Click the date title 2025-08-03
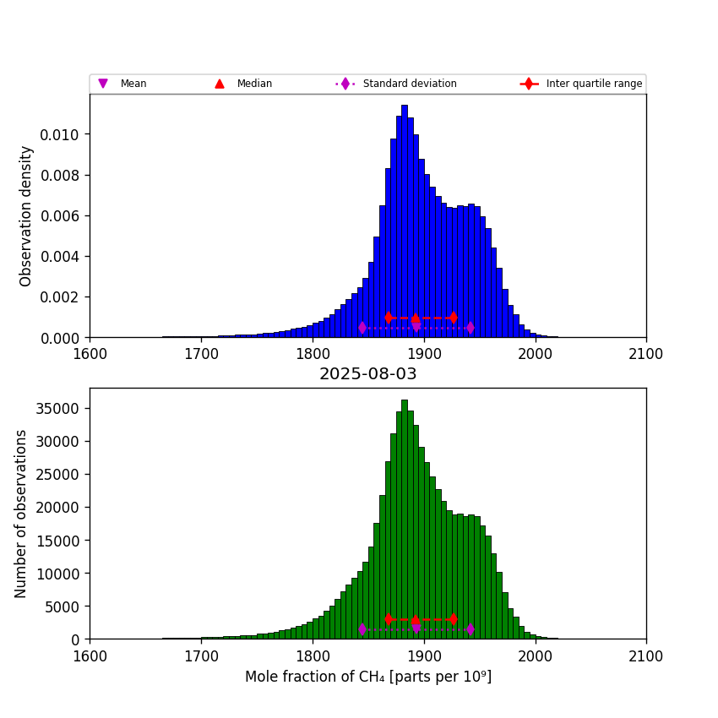[367, 373]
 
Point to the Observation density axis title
[26, 215]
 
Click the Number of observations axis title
[21, 514]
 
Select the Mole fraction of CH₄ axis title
[367, 677]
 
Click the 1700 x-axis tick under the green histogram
[201, 655]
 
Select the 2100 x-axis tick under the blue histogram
[646, 353]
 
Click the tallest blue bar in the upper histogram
[405, 220]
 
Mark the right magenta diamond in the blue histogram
[470, 328]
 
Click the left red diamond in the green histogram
[389, 619]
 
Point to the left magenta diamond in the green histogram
[362, 629]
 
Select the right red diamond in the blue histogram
[454, 318]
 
